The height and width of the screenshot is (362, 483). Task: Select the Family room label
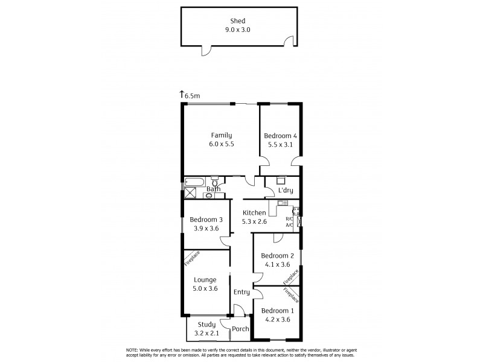221,135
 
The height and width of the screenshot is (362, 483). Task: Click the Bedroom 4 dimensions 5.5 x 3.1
280,145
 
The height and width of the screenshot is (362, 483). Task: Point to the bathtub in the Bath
196,182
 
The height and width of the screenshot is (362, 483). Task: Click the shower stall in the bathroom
191,194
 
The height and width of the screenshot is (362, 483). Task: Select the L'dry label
284,192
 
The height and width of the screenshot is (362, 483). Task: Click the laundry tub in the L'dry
281,180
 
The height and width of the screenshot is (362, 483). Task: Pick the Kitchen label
254,213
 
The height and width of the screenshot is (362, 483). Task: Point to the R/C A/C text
289,222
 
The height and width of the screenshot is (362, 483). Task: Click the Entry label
241,292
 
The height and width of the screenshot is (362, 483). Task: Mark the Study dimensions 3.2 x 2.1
206,332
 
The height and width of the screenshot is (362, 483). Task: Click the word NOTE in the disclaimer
132,350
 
